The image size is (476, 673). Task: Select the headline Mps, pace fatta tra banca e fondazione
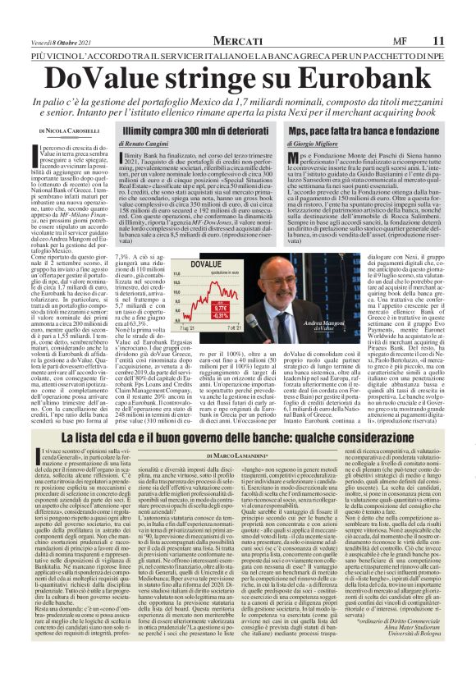[x=364, y=130]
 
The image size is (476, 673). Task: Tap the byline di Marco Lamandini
[x=237, y=455]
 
